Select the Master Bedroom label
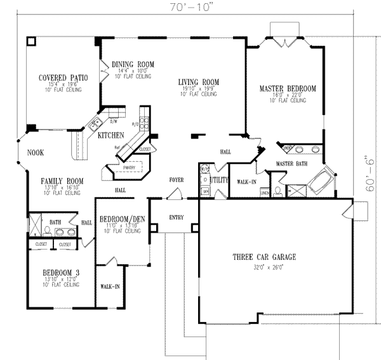288,88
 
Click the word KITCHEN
110,136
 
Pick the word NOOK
36,153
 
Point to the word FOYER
176,180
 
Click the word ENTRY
177,218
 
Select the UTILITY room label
219,180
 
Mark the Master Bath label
291,164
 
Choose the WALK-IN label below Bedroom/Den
110,286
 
